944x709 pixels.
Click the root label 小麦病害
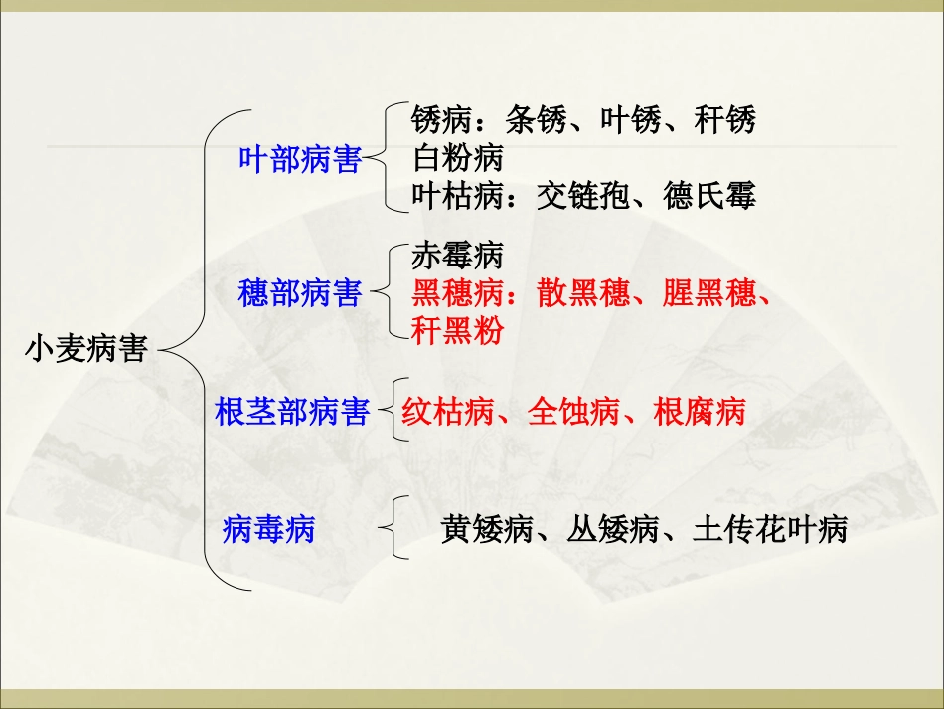point(85,350)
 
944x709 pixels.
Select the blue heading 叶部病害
point(299,159)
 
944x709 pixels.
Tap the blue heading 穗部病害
point(299,294)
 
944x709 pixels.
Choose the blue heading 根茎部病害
point(291,412)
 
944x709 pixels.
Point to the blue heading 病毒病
point(268,529)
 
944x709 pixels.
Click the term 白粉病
point(457,158)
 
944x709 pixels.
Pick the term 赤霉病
point(457,257)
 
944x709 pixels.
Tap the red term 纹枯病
point(448,412)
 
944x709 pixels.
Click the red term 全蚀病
point(573,412)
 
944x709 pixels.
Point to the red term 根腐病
point(700,412)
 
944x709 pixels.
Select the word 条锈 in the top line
point(536,120)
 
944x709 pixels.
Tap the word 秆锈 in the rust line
point(725,120)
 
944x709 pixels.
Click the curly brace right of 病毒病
point(397,529)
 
